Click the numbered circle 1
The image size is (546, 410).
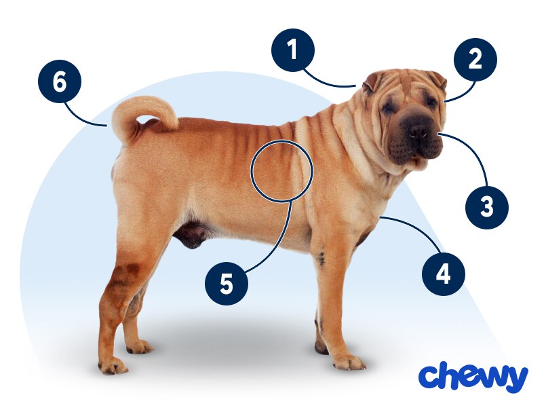(293, 50)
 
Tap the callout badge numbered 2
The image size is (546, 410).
(475, 60)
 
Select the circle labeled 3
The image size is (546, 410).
(487, 208)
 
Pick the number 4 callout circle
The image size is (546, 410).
(444, 274)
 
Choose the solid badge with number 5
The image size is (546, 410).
(227, 284)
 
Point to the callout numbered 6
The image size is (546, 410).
(60, 82)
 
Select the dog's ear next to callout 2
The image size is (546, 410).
(438, 79)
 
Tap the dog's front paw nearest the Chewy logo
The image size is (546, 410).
(349, 362)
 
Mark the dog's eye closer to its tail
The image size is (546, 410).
(387, 108)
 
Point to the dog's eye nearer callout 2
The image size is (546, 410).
(431, 101)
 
